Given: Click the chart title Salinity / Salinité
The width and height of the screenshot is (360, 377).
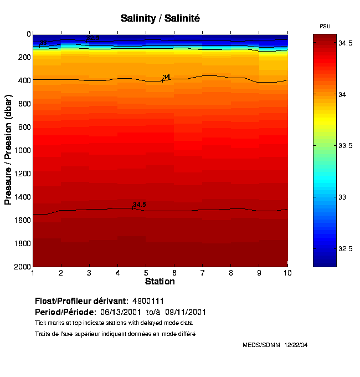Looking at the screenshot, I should [x=160, y=18].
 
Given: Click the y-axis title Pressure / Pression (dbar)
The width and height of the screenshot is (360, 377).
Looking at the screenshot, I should [x=8, y=150].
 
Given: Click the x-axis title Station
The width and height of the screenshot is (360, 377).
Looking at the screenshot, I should [x=160, y=281].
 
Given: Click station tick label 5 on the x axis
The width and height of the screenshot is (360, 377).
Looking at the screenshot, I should [x=146, y=272].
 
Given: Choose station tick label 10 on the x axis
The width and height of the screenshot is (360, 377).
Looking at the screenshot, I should [x=287, y=272].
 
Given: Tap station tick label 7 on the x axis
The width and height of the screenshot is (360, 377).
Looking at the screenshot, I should [x=202, y=272].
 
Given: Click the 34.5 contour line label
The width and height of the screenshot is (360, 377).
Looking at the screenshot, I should [x=139, y=205].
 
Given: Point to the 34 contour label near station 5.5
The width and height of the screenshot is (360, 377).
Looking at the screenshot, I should [x=166, y=77].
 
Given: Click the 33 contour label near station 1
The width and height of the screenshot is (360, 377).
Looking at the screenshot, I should [x=43, y=43].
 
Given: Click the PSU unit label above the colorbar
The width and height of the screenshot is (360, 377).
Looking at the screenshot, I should [x=326, y=26].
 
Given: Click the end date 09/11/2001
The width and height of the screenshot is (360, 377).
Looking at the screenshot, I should [x=205, y=312].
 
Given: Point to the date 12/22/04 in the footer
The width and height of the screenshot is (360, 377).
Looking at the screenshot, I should [x=296, y=345].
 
